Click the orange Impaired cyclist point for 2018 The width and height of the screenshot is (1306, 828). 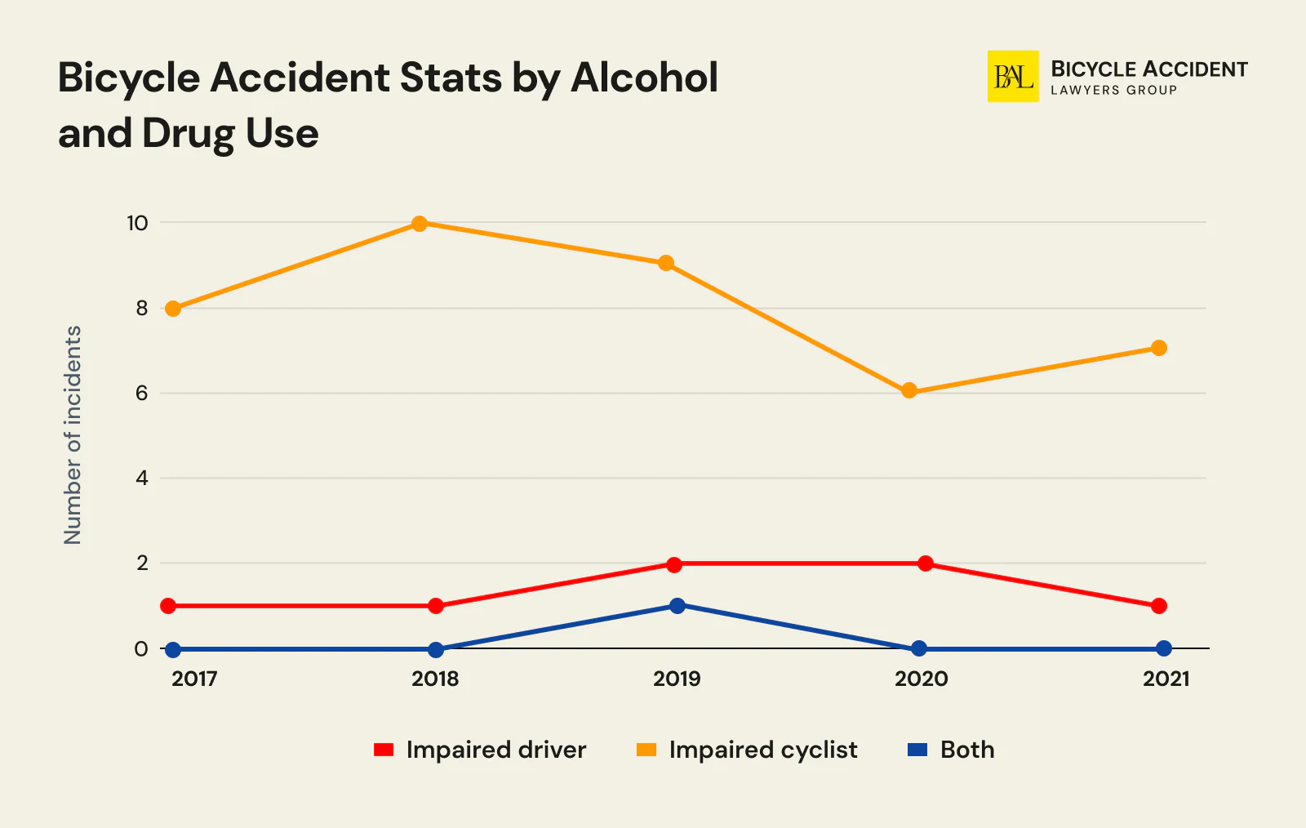pyautogui.click(x=420, y=224)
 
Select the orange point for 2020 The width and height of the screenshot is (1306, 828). pyautogui.click(x=909, y=391)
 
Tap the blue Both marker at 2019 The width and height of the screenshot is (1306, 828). pyautogui.click(x=677, y=606)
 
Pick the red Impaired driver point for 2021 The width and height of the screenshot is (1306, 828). pyautogui.click(x=1158, y=606)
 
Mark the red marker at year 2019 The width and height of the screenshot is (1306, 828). pyautogui.click(x=673, y=564)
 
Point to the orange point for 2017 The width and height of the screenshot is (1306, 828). pyautogui.click(x=173, y=309)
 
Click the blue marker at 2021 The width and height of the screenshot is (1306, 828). pyautogui.click(x=1164, y=648)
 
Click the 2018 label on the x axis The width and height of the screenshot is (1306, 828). pyautogui.click(x=435, y=679)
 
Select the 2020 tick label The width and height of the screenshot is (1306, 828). pyautogui.click(x=921, y=679)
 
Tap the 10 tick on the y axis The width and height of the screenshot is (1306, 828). pyautogui.click(x=137, y=223)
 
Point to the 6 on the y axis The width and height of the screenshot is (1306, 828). pyautogui.click(x=142, y=394)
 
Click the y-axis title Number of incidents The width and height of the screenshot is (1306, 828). pyautogui.click(x=73, y=435)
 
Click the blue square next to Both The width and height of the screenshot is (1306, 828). pyautogui.click(x=917, y=750)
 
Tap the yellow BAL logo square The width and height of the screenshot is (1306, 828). pyautogui.click(x=1013, y=77)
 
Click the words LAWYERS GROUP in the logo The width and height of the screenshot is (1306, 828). pyautogui.click(x=1113, y=91)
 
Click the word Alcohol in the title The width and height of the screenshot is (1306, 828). pyautogui.click(x=644, y=78)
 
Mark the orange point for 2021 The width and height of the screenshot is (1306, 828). pyautogui.click(x=1158, y=348)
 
